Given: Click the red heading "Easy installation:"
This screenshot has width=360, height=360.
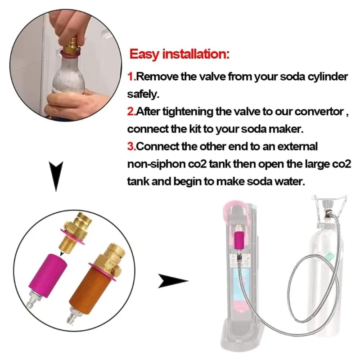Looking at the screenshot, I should [179, 55].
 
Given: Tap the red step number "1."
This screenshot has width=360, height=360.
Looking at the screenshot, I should [131, 76].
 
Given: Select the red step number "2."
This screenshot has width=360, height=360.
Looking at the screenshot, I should [131, 112].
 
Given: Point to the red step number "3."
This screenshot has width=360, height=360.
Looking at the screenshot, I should [131, 147].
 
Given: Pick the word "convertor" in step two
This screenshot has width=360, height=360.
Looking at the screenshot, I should [318, 112].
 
